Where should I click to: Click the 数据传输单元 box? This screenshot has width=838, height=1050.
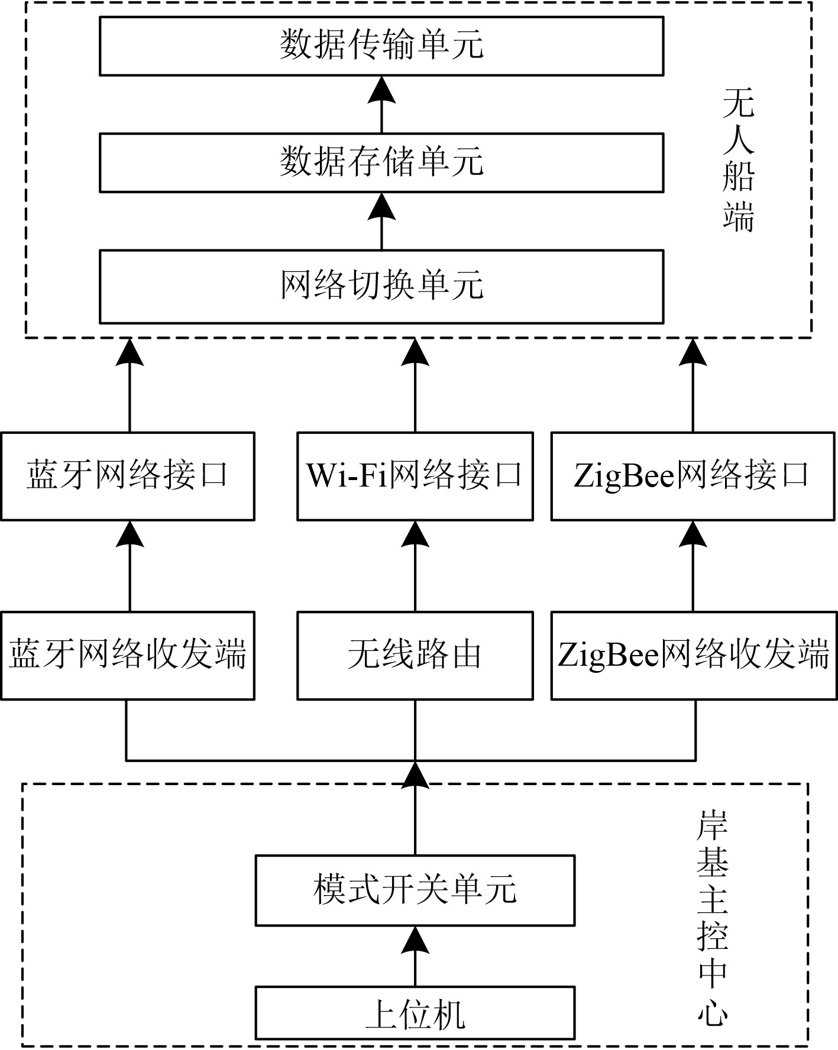point(381,46)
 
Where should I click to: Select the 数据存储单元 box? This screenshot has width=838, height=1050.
point(381,162)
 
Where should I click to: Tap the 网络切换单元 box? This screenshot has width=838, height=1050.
point(381,286)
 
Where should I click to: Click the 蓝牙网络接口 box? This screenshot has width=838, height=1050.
point(128,476)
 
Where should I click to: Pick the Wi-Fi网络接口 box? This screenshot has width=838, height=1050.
point(415,476)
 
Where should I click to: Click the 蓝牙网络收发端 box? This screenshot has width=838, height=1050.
point(128,656)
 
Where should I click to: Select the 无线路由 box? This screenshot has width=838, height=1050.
point(415,656)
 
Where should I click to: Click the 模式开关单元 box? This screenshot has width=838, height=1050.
point(415,890)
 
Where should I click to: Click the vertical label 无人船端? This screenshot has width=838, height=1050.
point(739,161)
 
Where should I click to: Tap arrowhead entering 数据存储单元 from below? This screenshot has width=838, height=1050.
point(381,206)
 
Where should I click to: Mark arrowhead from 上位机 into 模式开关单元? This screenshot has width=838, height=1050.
point(415,941)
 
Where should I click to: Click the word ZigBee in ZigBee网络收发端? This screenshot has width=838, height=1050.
point(609,656)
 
